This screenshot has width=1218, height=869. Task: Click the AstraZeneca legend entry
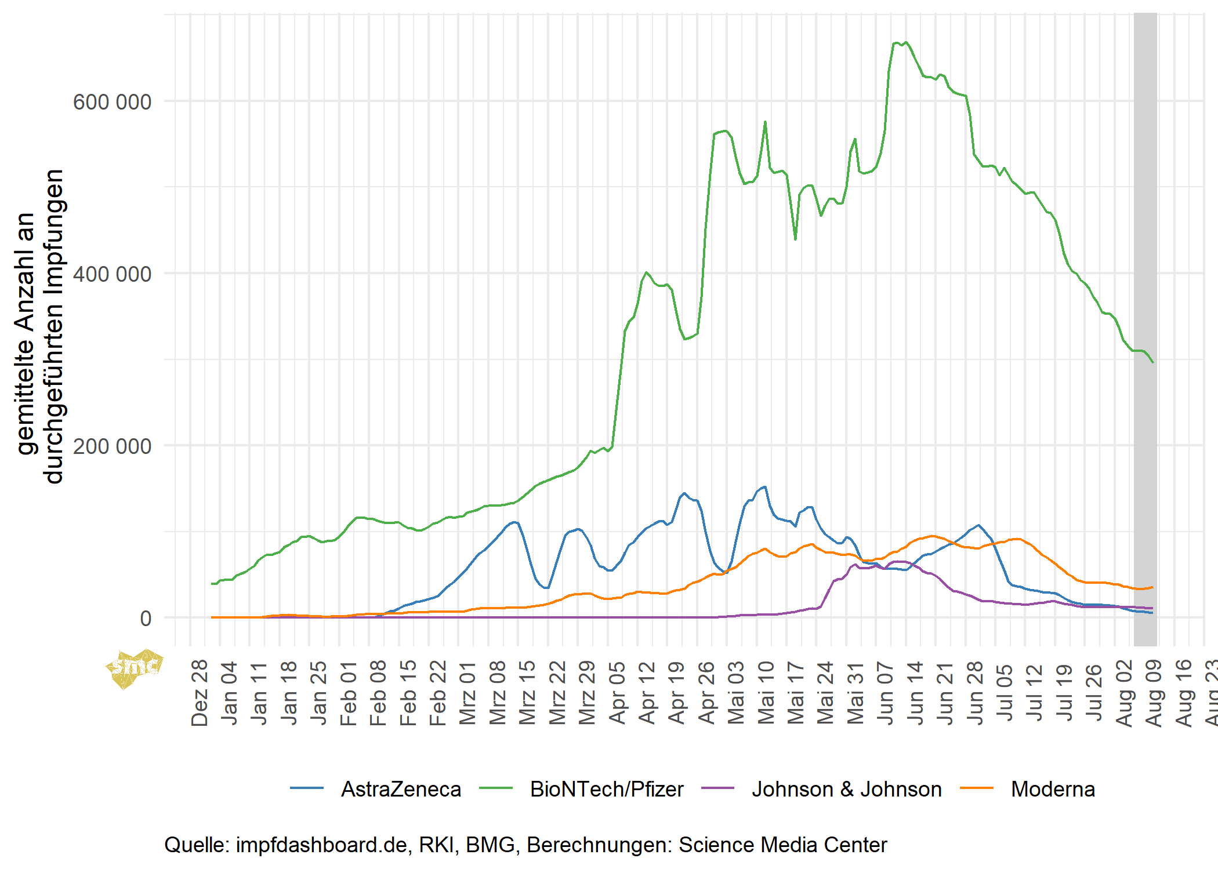(400, 789)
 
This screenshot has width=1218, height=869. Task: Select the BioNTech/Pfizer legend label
(606, 789)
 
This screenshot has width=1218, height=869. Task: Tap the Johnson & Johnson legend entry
(846, 789)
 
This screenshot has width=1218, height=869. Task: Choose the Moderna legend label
(1053, 789)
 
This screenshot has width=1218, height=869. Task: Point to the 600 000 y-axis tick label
(112, 102)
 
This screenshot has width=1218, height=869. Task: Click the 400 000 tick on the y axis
(112, 274)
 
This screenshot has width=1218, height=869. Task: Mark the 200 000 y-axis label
(112, 446)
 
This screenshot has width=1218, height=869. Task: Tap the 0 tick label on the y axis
(146, 619)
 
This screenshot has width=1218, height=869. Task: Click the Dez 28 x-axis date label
(200, 692)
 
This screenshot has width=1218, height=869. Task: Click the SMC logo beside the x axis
(135, 668)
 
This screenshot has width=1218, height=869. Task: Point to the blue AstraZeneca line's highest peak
(765, 487)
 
